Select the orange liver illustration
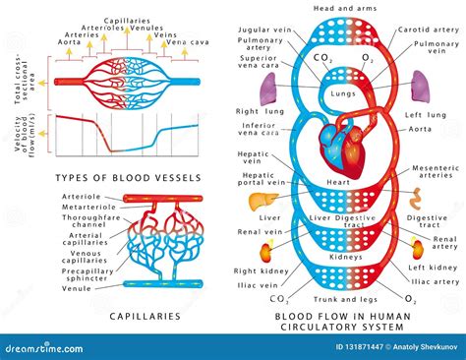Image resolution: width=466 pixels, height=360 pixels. tap(261, 197)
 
